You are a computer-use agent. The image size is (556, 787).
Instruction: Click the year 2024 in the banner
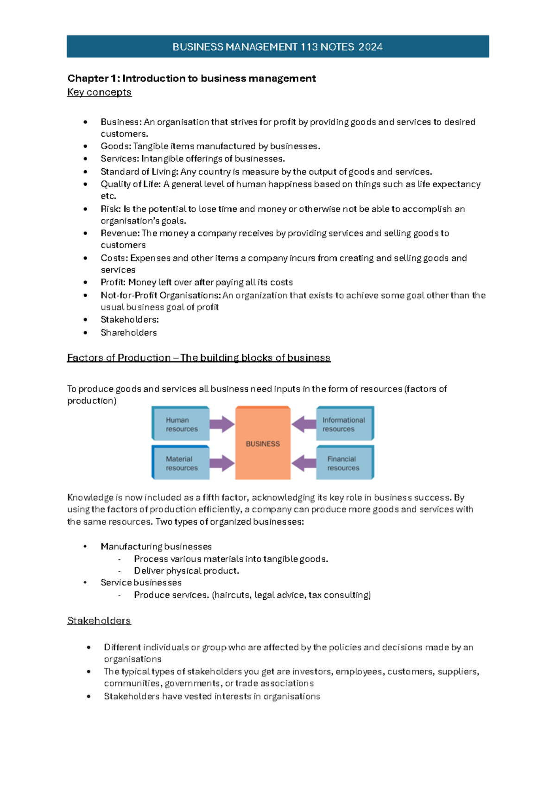(x=370, y=47)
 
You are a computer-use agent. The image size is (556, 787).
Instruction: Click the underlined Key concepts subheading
(x=99, y=92)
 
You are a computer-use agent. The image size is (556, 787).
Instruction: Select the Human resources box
(x=181, y=424)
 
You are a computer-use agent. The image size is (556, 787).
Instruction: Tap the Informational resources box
(x=344, y=424)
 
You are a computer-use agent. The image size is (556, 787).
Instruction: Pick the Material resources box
(x=181, y=463)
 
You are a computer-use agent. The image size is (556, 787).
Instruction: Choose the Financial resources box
(x=344, y=463)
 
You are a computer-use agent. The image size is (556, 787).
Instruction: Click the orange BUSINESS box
(x=263, y=444)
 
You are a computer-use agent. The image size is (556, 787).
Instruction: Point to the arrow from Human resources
(x=222, y=424)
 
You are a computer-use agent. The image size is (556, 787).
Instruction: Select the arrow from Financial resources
(x=304, y=463)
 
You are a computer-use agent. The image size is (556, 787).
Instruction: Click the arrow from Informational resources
(x=304, y=424)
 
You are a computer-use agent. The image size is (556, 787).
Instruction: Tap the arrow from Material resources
(x=222, y=463)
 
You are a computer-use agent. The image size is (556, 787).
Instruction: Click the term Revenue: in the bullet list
(x=120, y=233)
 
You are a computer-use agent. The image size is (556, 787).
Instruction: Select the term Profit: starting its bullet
(x=113, y=282)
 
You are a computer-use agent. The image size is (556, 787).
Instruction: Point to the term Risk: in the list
(x=111, y=209)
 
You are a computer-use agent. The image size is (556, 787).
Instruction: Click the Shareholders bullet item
(x=129, y=332)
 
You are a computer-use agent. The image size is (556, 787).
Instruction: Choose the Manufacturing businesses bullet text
(x=156, y=546)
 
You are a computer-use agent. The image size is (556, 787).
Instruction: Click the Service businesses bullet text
(x=141, y=583)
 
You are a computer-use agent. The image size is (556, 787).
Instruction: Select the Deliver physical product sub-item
(x=186, y=571)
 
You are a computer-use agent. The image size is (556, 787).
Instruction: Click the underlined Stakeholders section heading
(x=99, y=621)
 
